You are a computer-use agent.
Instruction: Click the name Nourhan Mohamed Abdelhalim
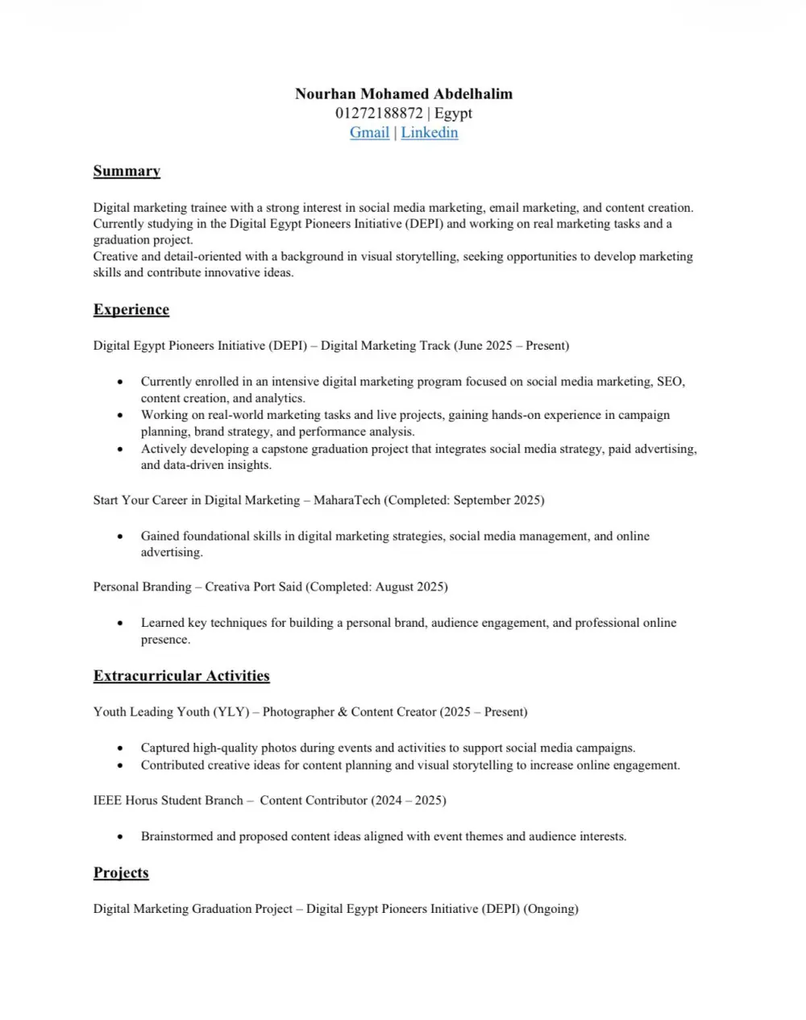pos(403,94)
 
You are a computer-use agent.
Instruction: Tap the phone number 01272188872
pos(378,114)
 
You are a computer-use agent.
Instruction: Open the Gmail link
pos(369,133)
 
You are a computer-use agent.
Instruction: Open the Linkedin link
pos(430,133)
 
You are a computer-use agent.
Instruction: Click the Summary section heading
pos(127,171)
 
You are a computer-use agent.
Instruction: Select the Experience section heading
pos(131,310)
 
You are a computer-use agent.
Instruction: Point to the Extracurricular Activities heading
pos(181,676)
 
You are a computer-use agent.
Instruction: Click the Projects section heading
pos(121,873)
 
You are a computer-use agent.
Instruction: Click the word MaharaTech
pos(347,500)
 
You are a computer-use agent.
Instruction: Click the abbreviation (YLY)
pos(231,712)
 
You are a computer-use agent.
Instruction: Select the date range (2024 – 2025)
pos(408,801)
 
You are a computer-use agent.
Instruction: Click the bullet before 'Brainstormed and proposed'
pos(120,837)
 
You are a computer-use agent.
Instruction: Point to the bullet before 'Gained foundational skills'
pos(120,537)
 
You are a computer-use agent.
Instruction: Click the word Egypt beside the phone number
pos(453,114)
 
